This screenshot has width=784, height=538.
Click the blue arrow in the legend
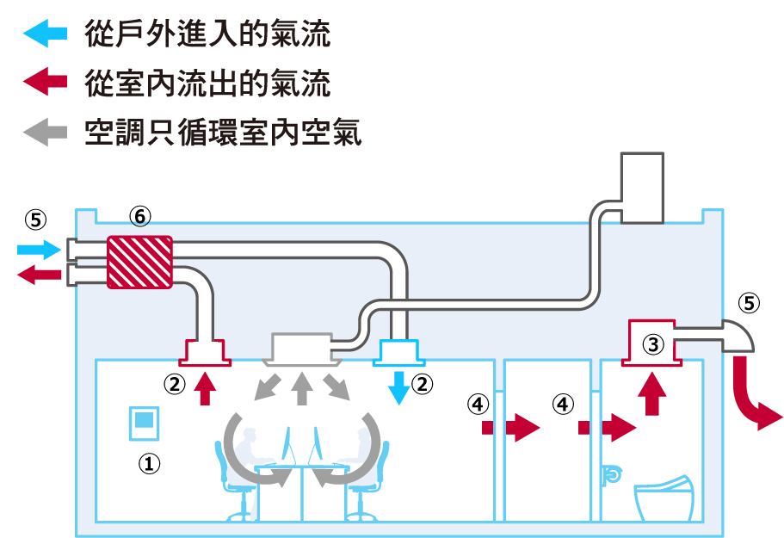(45, 34)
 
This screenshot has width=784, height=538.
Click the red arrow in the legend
(45, 83)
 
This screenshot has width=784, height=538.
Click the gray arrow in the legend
(45, 132)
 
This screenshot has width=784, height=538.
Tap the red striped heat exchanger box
(139, 262)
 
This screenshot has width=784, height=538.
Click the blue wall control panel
(144, 422)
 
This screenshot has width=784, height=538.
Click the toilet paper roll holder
(612, 473)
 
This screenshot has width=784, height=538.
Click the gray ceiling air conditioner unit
(299, 349)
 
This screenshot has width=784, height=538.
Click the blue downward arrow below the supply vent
(398, 387)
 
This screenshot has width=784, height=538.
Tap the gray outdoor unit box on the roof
(642, 188)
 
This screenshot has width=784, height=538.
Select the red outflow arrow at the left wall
(38, 275)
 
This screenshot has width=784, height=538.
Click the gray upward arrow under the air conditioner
(300, 390)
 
